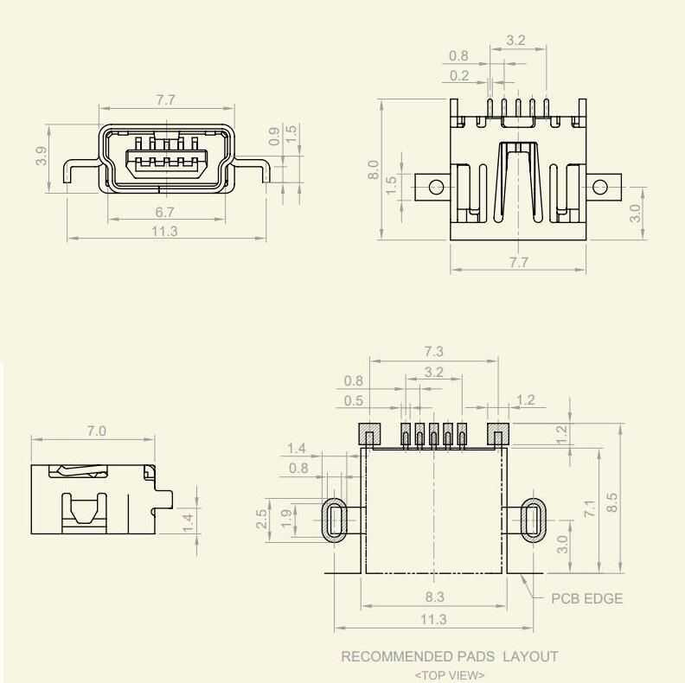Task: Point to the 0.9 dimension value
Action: [x=274, y=136]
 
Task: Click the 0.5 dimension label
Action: [x=354, y=400]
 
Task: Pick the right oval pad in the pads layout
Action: [x=534, y=520]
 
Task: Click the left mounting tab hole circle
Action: [x=436, y=186]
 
